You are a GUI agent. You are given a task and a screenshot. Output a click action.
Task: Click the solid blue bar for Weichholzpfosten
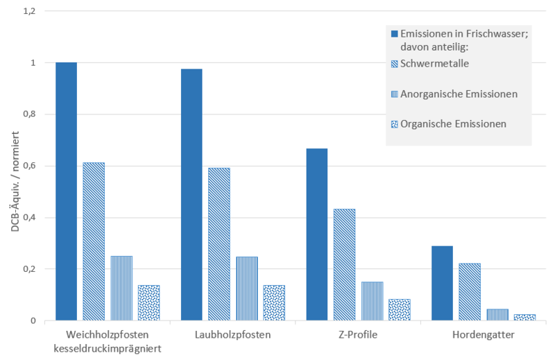[66, 191]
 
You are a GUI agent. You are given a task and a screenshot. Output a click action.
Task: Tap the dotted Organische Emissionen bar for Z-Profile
[400, 310]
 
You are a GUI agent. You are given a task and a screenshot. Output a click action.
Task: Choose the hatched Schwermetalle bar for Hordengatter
[470, 292]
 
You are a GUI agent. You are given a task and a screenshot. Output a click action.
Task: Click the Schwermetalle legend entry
[436, 64]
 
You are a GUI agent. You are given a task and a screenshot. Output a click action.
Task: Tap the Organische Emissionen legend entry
[454, 123]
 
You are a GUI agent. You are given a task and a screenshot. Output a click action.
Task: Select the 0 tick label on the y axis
[32, 320]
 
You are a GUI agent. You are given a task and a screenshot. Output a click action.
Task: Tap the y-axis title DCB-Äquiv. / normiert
[14, 166]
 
